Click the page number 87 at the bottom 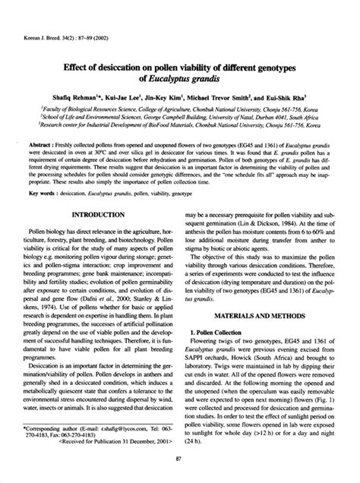pyautogui.click(x=179, y=459)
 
